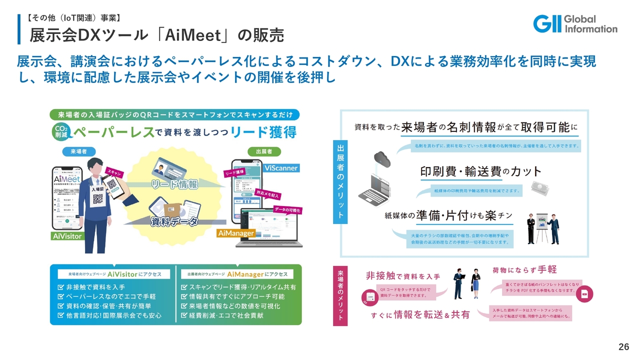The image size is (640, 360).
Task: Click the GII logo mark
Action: (x=547, y=23)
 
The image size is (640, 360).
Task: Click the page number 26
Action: (x=623, y=347)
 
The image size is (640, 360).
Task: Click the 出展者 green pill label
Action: (x=264, y=151)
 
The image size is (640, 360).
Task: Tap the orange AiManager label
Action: (x=236, y=233)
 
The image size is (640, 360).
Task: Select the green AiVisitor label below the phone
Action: (x=66, y=236)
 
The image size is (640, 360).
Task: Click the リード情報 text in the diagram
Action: (x=174, y=184)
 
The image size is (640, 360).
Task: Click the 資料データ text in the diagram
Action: (x=174, y=221)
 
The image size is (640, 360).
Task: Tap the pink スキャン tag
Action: (x=114, y=172)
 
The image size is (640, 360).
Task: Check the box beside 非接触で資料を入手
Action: (x=60, y=287)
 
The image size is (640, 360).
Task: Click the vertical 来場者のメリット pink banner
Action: (x=340, y=295)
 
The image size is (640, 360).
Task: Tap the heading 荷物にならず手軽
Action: (x=524, y=270)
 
